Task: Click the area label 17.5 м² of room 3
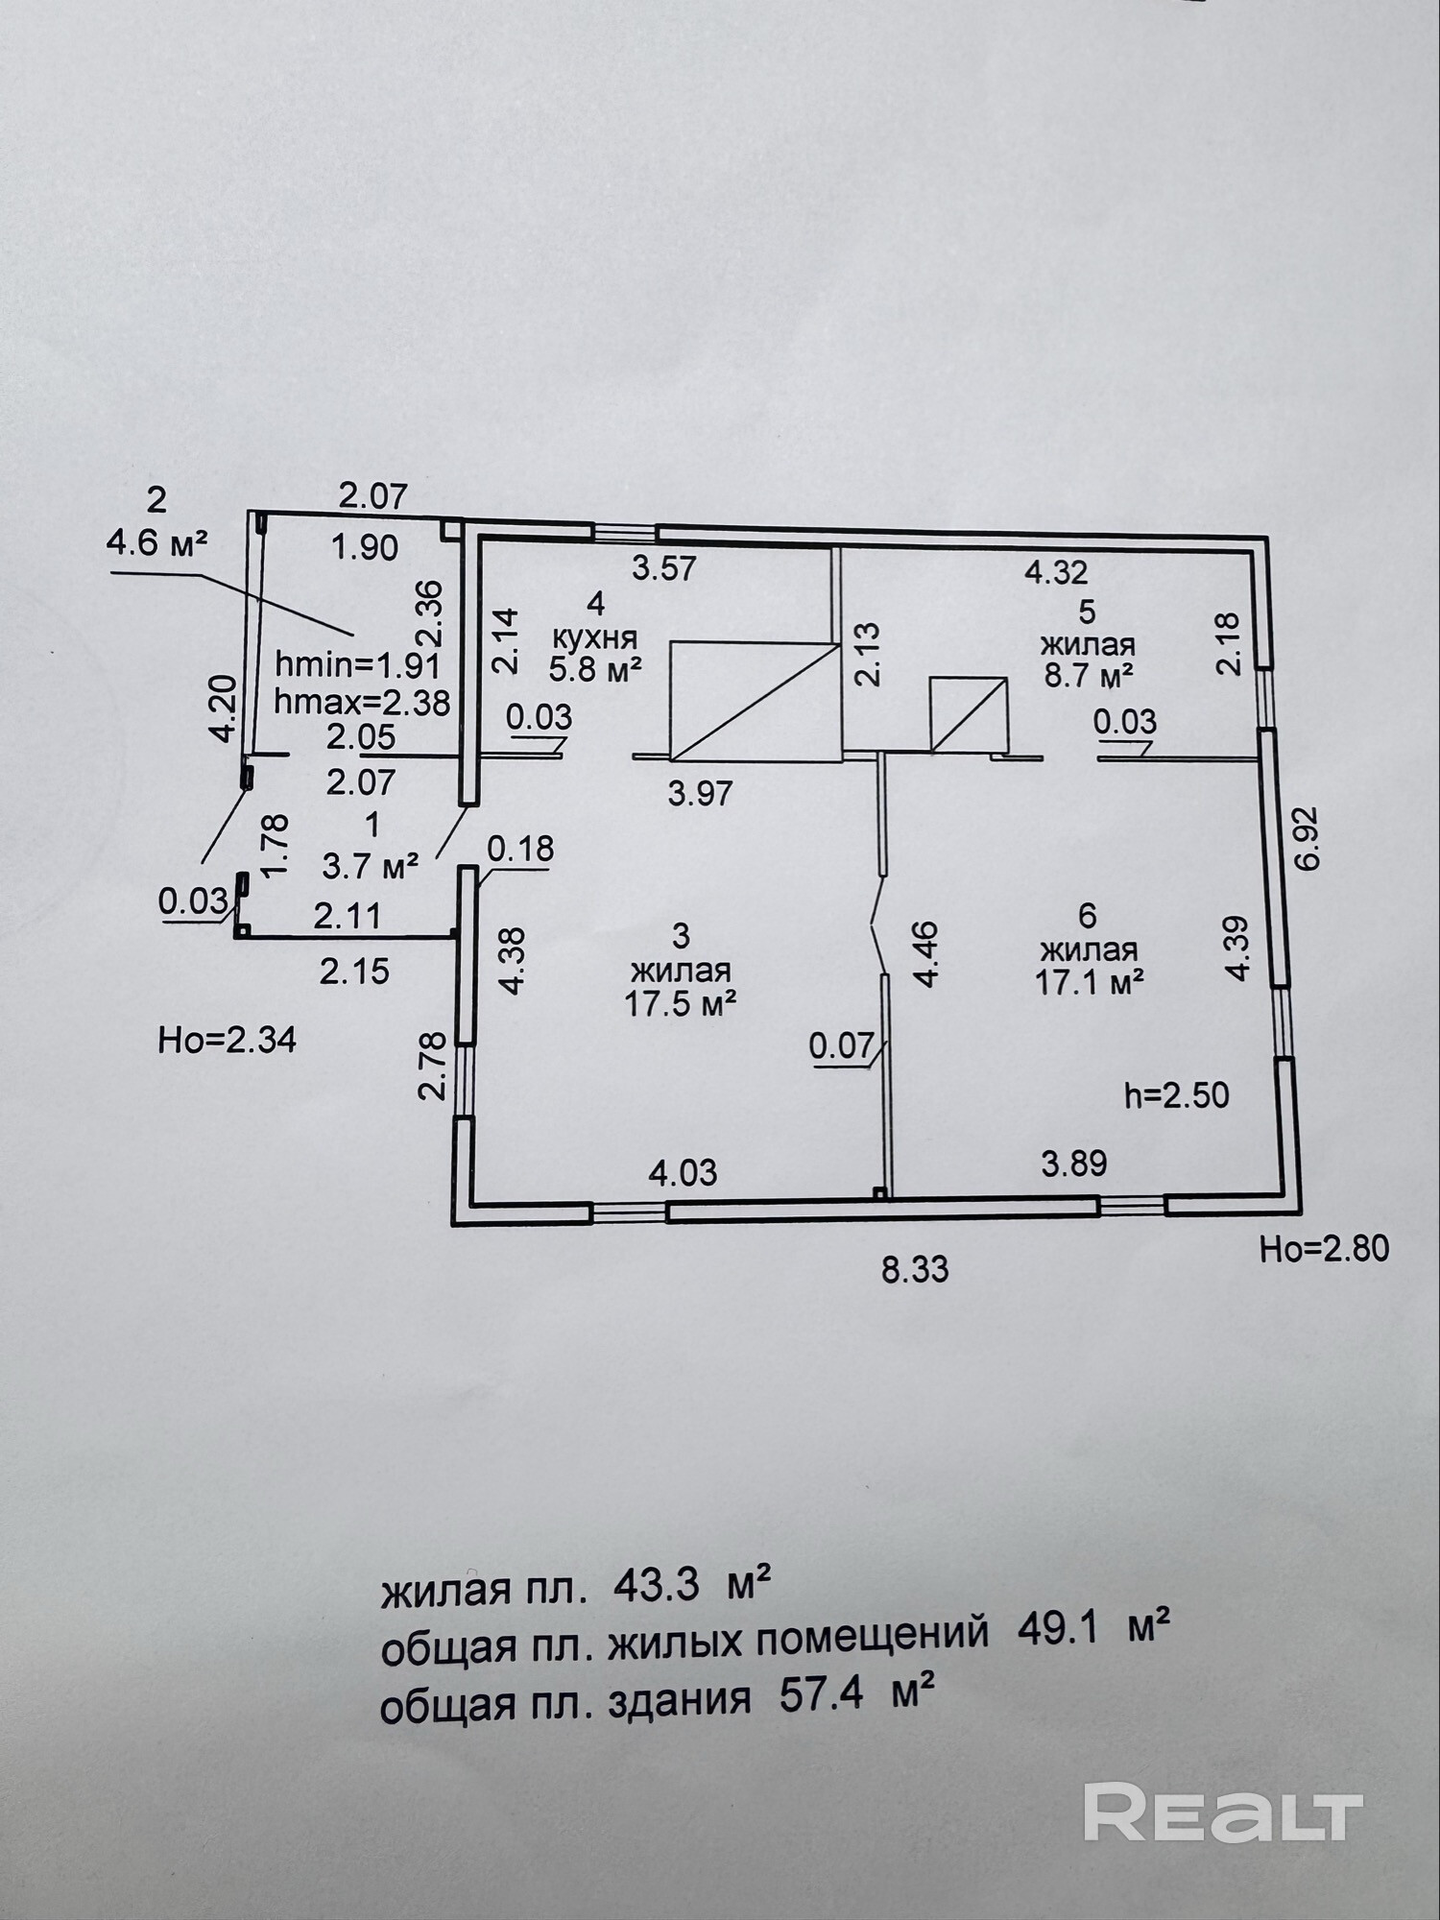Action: [680, 1004]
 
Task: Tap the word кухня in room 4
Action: [595, 636]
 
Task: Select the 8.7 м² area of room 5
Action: [1089, 675]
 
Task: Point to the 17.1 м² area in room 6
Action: [1089, 981]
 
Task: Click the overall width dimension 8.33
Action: [915, 1269]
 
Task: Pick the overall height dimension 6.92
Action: [1307, 838]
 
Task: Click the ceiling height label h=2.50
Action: [1176, 1095]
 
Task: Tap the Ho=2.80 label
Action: [1324, 1248]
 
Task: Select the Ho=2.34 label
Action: [227, 1040]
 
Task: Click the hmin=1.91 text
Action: [357, 664]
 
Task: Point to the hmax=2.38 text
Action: [362, 703]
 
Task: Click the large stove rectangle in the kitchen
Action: [755, 702]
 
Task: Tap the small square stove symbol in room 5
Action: [969, 714]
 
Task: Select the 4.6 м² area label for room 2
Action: [156, 543]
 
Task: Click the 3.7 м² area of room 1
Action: [370, 867]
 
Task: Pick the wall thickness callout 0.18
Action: [520, 849]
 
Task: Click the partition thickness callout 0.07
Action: [842, 1045]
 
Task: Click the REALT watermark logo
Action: [1223, 1811]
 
